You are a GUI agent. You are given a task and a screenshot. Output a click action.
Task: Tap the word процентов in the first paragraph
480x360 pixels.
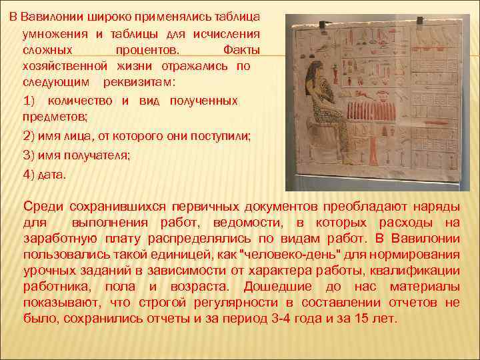(145, 50)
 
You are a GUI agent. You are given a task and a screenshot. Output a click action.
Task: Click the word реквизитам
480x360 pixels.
(139, 83)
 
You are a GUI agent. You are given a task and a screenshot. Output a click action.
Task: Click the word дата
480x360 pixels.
(53, 174)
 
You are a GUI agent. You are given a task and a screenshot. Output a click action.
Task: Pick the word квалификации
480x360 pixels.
(417, 270)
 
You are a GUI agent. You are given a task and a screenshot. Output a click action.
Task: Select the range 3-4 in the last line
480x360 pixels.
(282, 319)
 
